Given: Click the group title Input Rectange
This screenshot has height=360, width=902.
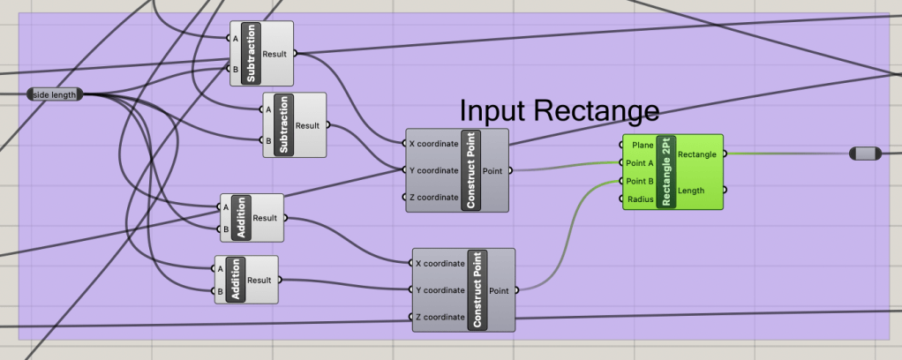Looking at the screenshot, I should coord(560,111).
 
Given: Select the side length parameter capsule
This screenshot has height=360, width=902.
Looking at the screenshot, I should coord(56,94).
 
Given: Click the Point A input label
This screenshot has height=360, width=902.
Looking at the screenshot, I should coord(638,163).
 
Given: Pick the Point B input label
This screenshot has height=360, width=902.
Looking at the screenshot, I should coord(638,181).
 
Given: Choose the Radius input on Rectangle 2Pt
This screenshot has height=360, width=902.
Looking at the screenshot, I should coord(639,199).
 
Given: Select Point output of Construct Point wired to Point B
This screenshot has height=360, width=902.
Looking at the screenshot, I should coord(499,289).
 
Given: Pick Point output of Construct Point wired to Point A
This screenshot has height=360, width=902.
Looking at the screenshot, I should coord(493,170).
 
